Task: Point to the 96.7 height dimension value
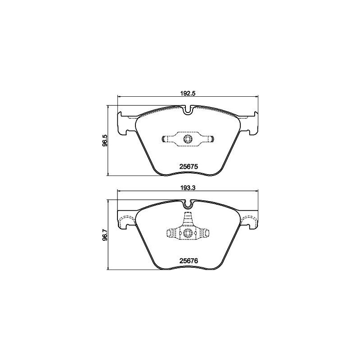point(105,235)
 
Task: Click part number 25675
point(189,166)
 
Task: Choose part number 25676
point(189,260)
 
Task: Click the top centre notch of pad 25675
point(188,109)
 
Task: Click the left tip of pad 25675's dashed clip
point(163,139)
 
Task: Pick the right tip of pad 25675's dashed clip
point(212,139)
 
